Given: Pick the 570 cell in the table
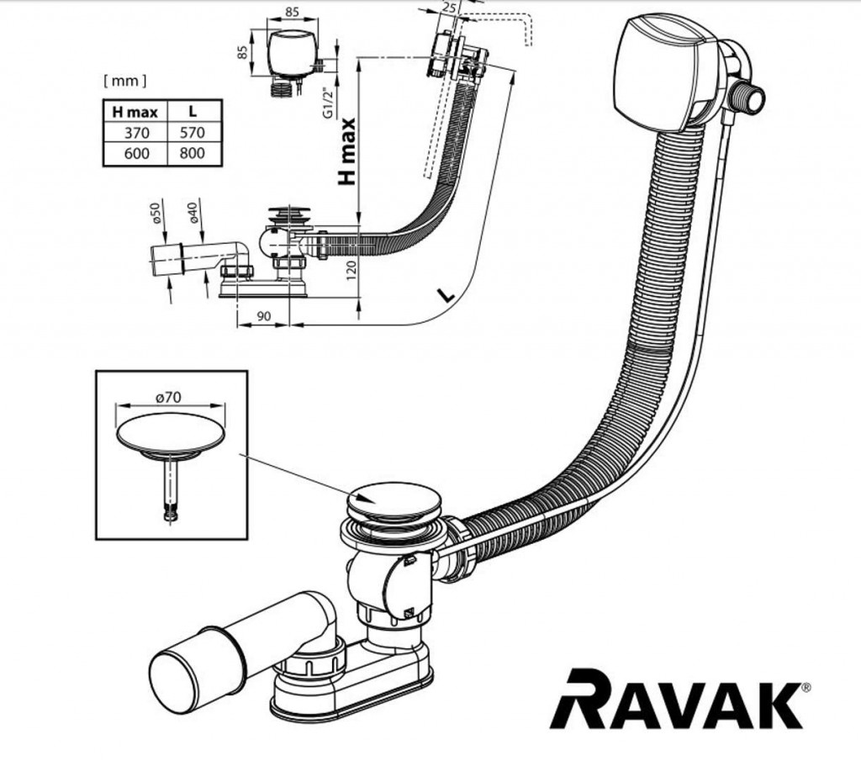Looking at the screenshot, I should pyautogui.click(x=193, y=132).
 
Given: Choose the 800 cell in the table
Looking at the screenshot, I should pyautogui.click(x=193, y=154).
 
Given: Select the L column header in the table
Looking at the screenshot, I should pyautogui.click(x=193, y=111).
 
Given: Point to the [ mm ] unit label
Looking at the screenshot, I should pyautogui.click(x=124, y=81).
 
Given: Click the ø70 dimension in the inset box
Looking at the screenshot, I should pyautogui.click(x=171, y=398).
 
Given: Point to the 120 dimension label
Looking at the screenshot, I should pyautogui.click(x=352, y=268).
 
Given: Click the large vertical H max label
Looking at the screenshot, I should pyautogui.click(x=348, y=151).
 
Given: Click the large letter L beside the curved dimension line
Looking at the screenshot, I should pyautogui.click(x=446, y=293).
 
